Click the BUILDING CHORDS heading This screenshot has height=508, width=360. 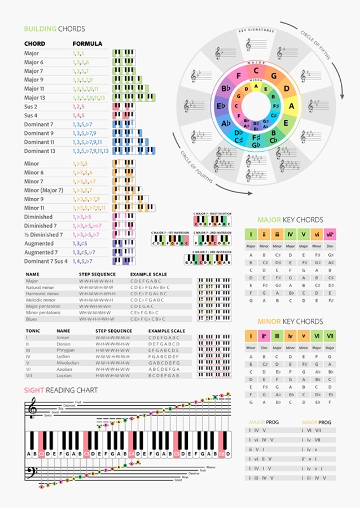54,29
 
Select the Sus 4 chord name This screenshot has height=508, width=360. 31,115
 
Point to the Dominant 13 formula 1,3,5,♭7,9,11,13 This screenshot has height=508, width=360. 90,151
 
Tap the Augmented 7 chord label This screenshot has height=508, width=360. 41,252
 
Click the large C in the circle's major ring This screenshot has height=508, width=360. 256,71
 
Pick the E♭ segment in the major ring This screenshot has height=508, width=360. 221,106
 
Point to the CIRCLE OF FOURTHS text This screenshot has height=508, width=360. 197,168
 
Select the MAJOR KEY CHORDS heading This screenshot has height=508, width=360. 290,220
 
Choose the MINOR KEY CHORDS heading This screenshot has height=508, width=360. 290,321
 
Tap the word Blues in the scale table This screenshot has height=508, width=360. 32,319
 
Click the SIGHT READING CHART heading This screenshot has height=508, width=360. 60,390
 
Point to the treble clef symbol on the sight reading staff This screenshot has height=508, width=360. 33,408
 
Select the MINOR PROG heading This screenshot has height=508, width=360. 317,422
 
